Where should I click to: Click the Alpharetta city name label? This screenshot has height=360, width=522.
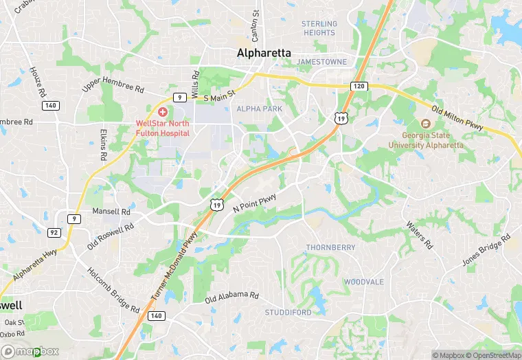264,53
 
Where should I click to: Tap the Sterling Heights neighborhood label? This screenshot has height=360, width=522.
319,28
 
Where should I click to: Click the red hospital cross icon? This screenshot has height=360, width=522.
163,111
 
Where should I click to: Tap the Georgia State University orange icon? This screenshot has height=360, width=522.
425,124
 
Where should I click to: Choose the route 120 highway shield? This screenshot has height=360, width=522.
358,86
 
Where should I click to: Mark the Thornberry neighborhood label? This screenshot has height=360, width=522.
330,247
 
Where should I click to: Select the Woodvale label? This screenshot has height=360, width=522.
364,282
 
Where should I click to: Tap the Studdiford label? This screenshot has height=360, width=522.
288,313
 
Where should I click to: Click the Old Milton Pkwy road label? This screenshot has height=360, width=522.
458,117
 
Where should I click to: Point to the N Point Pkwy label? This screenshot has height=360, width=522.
255,203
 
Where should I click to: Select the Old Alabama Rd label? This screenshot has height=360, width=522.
232,297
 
